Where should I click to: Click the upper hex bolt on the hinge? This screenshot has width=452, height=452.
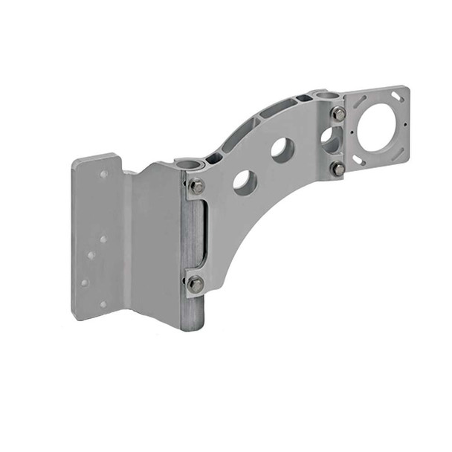pos(197,187)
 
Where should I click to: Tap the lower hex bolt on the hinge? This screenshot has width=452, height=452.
pos(196,283)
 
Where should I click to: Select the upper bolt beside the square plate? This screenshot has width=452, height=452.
pos(339,114)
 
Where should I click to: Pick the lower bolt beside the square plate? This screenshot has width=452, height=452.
pos(339,169)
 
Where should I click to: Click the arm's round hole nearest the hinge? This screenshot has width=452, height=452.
pos(245,183)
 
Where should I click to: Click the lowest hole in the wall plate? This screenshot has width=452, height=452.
pos(103,303)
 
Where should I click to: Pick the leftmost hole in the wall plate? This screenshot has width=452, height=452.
pos(84,282)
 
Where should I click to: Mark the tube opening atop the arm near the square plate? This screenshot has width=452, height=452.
pos(321,95)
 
